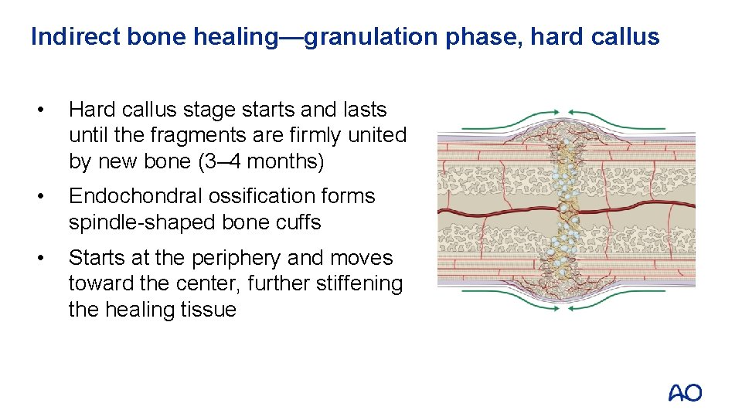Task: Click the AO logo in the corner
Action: click(685, 393)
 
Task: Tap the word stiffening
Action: click(359, 283)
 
